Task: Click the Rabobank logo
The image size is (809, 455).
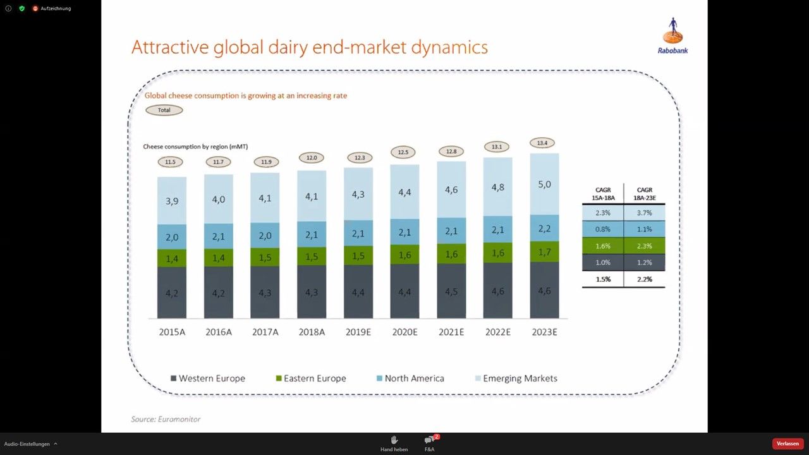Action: [x=673, y=35]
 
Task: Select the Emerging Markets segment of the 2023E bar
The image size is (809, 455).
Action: [x=544, y=185]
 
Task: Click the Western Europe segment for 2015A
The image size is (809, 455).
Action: [x=172, y=293]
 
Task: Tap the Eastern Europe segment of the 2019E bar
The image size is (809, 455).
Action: [x=358, y=255]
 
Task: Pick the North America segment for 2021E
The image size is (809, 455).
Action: [x=451, y=231]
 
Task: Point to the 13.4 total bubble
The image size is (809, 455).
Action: [x=542, y=143]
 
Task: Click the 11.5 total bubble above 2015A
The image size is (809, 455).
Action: [x=170, y=162]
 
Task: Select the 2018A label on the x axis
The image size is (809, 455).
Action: [x=312, y=332]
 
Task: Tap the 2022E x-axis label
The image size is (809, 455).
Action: [x=497, y=332]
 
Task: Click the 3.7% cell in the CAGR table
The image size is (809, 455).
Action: [x=644, y=213]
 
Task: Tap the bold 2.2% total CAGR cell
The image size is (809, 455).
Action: [x=644, y=279]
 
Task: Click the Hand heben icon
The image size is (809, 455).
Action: [x=394, y=440]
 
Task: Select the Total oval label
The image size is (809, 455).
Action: [x=164, y=110]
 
